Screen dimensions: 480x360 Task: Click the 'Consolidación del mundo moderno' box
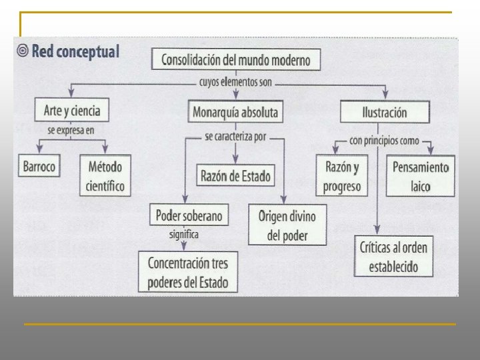tap(236, 61)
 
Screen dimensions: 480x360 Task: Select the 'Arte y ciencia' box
tap(71, 109)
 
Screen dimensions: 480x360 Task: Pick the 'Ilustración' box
tap(384, 111)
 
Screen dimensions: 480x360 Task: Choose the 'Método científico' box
tap(105, 175)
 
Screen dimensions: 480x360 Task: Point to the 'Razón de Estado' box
tap(235, 176)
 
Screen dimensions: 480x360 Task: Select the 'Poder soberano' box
tap(189, 215)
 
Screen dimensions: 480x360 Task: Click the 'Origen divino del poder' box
tap(287, 225)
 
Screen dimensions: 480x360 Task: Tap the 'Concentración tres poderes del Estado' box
tap(192, 271)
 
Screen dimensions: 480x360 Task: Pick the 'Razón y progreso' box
tap(341, 176)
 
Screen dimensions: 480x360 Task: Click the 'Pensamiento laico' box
tap(420, 176)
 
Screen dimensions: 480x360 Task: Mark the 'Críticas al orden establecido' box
tap(394, 257)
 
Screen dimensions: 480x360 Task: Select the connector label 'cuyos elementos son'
tap(235, 84)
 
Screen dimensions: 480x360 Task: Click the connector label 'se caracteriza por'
tap(235, 138)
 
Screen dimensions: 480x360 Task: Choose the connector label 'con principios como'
tap(384, 141)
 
